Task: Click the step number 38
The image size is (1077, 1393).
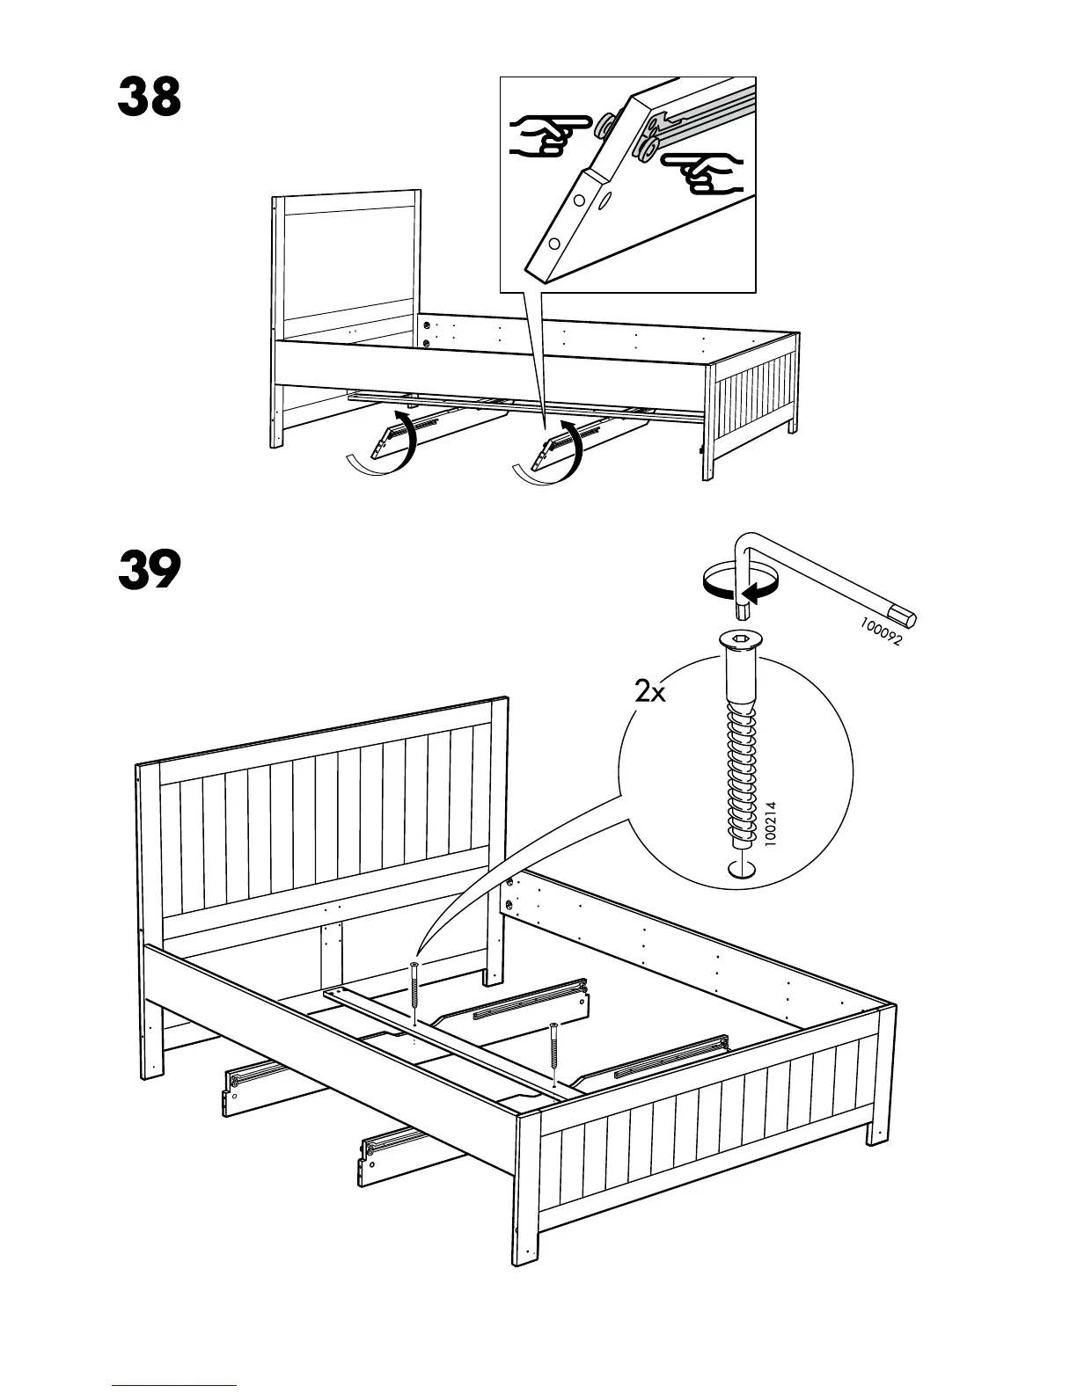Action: tap(150, 98)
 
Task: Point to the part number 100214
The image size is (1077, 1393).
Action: tap(771, 822)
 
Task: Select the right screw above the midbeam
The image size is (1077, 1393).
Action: tap(553, 1055)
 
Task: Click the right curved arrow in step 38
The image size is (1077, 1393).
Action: tap(554, 454)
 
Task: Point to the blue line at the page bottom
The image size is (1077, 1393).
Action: tap(174, 1387)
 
